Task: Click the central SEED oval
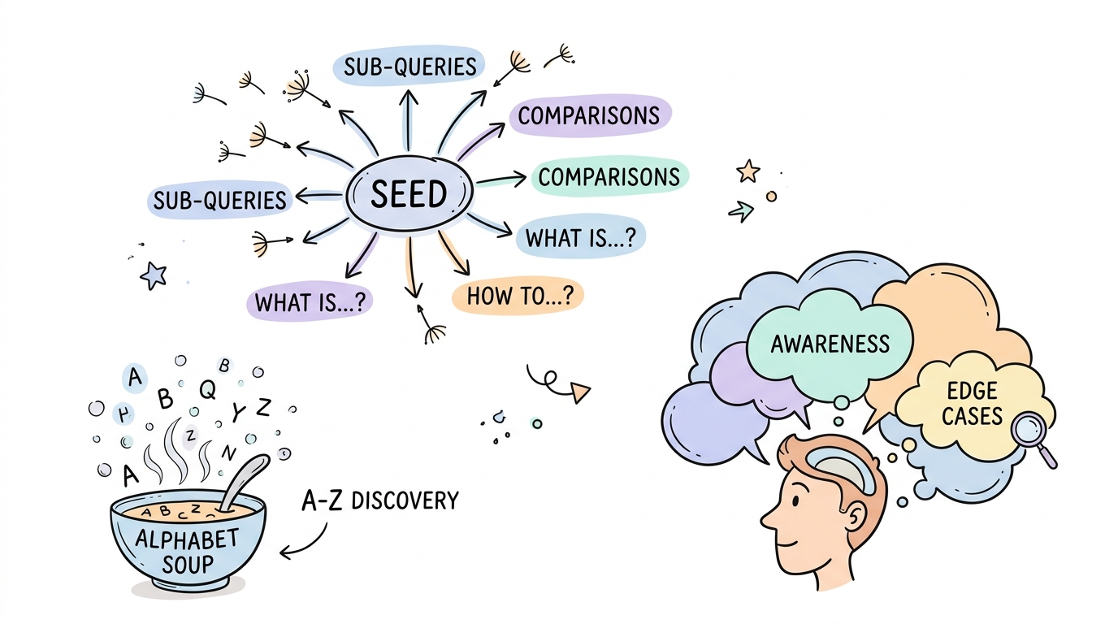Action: click(409, 194)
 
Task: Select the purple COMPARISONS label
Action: click(588, 116)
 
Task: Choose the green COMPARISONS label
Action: click(609, 177)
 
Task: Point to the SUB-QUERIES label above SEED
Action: click(409, 66)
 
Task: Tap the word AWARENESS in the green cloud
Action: click(830, 344)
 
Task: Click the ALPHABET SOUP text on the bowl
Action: click(187, 550)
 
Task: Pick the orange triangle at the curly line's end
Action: click(579, 394)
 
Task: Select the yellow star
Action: click(747, 171)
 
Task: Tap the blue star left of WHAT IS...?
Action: click(153, 276)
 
